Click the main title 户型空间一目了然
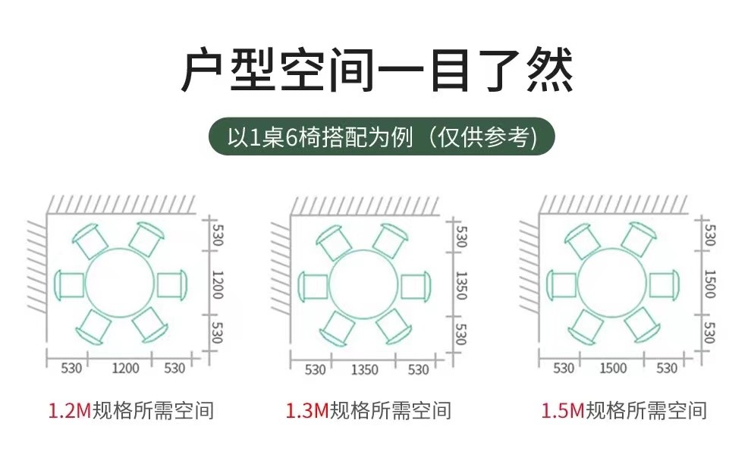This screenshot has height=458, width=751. [376, 70]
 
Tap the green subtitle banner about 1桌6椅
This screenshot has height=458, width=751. [382, 136]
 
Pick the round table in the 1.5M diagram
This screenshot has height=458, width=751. [612, 284]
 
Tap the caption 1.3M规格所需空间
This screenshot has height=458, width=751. [369, 411]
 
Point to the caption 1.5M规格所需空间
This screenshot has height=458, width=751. [624, 411]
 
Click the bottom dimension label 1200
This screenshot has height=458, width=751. [125, 369]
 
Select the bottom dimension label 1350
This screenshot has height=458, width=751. [364, 370]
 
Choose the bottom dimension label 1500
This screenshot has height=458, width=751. [613, 369]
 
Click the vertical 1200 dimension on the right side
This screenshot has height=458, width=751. [217, 284]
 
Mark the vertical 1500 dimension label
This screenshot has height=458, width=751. [709, 284]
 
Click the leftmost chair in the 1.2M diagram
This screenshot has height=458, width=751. [70, 284]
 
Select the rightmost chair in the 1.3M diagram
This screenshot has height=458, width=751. [415, 286]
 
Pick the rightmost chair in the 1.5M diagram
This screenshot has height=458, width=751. [664, 284]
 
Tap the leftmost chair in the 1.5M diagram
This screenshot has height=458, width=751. [561, 284]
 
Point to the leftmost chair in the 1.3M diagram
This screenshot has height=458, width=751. [313, 286]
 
